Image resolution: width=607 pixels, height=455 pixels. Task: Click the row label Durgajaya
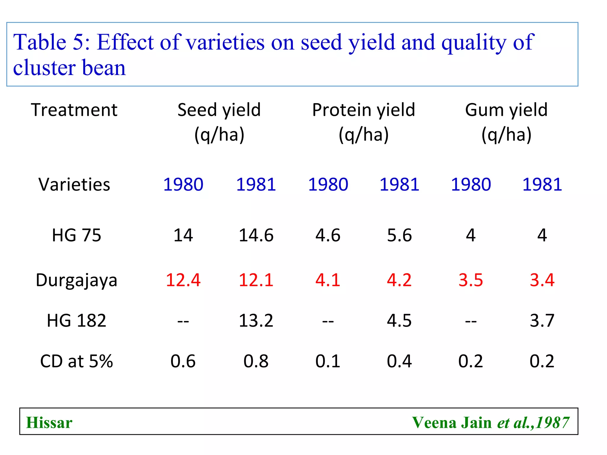(x=76, y=280)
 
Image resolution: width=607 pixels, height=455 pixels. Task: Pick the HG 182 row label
(x=76, y=321)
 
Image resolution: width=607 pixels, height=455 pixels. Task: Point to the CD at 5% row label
(x=76, y=361)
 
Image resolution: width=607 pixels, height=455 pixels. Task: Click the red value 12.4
(x=183, y=280)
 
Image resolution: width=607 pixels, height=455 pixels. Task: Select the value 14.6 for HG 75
(x=256, y=235)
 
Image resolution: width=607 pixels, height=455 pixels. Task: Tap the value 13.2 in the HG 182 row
(x=256, y=321)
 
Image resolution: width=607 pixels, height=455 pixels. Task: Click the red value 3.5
(x=471, y=280)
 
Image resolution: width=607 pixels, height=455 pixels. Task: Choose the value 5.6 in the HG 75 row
(x=399, y=235)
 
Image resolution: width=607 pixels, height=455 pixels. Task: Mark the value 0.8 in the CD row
(x=256, y=361)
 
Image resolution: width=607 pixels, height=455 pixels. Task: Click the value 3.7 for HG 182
(x=542, y=321)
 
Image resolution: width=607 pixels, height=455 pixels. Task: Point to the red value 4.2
(x=399, y=280)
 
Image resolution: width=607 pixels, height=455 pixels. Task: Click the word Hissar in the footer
(x=49, y=422)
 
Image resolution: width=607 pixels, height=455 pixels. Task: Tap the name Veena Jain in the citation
(x=452, y=422)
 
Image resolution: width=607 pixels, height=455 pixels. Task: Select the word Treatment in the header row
(x=74, y=110)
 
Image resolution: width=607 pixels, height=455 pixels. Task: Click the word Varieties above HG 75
(x=74, y=184)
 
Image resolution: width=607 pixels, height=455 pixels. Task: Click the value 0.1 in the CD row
(x=328, y=361)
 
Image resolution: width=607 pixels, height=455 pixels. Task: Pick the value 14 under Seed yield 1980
(x=183, y=235)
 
